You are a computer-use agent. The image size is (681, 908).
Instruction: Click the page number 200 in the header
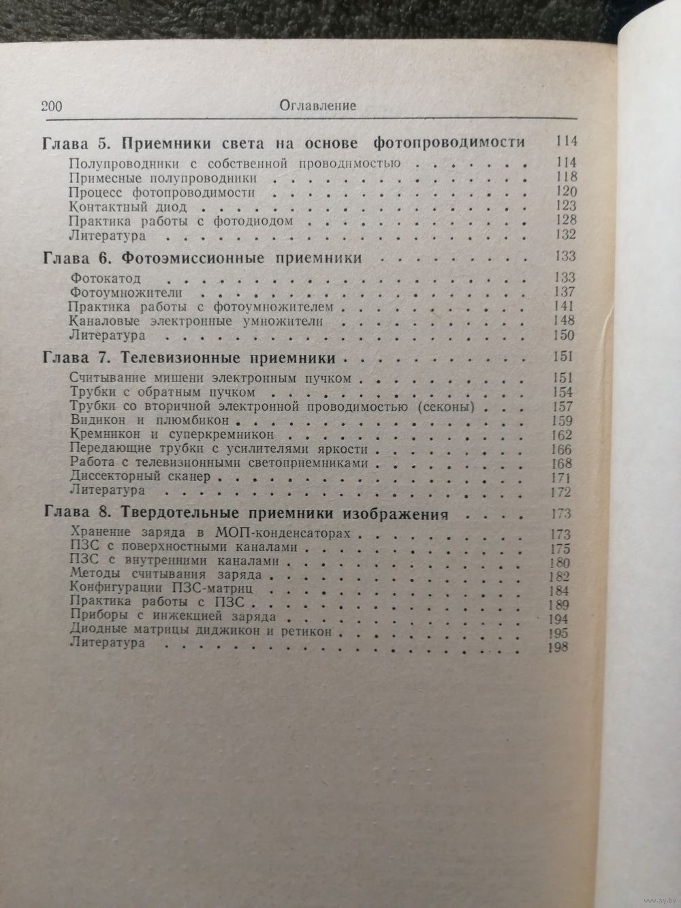tap(51, 106)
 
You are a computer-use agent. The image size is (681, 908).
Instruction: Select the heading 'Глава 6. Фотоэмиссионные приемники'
tap(202, 258)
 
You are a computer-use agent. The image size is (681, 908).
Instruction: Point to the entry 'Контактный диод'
tap(128, 206)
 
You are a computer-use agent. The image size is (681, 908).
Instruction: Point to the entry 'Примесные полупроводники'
tap(163, 177)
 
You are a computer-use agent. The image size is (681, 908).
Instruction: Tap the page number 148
tap(565, 321)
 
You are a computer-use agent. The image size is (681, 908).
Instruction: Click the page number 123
tap(565, 206)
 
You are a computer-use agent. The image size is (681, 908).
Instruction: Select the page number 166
tap(563, 449)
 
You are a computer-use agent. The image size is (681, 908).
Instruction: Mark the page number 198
tap(558, 648)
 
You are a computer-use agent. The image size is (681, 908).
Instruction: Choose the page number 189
tap(559, 604)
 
